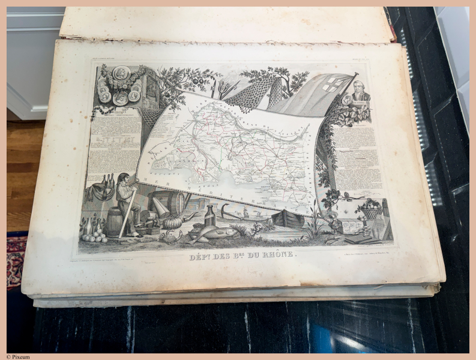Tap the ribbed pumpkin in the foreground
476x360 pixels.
(x=172, y=223)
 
